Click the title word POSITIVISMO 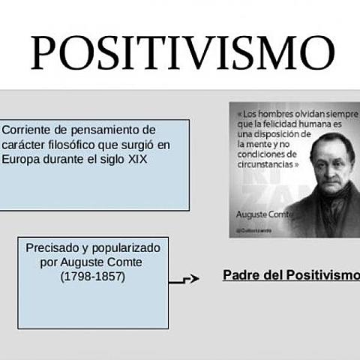[180, 52]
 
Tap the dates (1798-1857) [93, 276]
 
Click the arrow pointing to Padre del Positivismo [186, 279]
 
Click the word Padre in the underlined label [239, 274]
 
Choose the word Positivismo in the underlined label [323, 274]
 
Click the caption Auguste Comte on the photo [259, 214]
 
